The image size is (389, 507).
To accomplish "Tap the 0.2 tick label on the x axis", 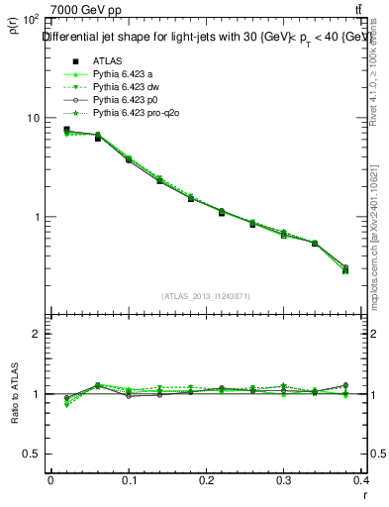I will (208, 480).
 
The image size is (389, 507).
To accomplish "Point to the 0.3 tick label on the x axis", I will (287, 480).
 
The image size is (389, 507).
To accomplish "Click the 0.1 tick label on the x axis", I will (129, 480).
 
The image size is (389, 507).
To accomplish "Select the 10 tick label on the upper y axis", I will (33, 118).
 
